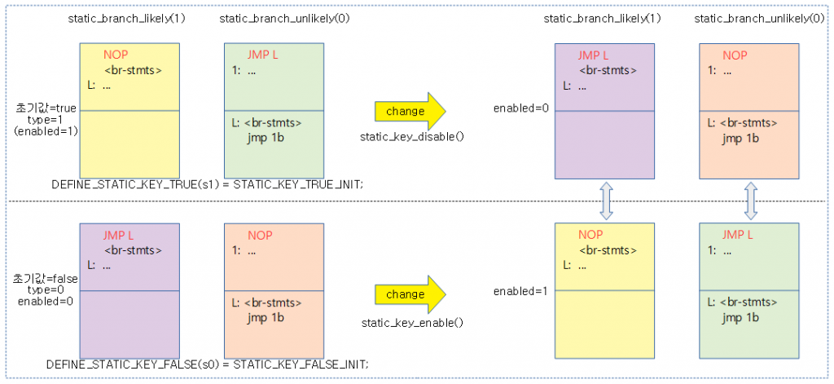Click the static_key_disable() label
(x=412, y=136)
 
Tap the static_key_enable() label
(x=412, y=323)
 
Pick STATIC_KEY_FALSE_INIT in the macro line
(x=301, y=364)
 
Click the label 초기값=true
(x=46, y=108)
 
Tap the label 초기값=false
(x=46, y=279)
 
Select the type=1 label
(x=46, y=119)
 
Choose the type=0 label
(x=46, y=290)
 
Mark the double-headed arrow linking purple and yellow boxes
(x=604, y=201)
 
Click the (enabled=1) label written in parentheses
(x=46, y=130)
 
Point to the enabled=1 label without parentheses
(x=519, y=291)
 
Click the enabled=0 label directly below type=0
(x=46, y=301)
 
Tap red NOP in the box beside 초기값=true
(x=115, y=55)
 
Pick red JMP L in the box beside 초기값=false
(x=119, y=236)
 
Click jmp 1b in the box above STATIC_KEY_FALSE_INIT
(x=266, y=316)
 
